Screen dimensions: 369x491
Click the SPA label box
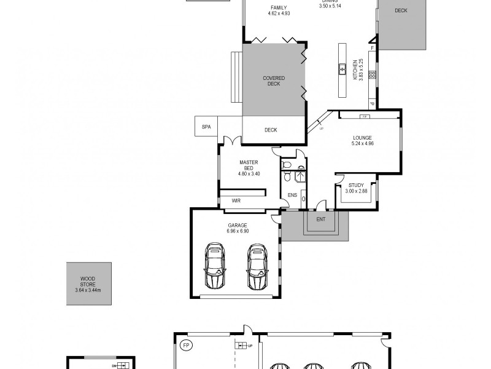coord(206,128)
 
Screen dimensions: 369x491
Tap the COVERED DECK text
coord(273,81)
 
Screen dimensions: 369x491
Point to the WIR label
coord(236,200)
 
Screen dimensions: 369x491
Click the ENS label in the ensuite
coord(292,196)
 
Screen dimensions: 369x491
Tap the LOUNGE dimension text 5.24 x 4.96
coord(362,143)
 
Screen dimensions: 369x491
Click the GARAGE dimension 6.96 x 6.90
coord(238,231)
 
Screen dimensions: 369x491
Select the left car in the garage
coord(215,266)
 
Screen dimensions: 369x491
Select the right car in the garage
coord(258,266)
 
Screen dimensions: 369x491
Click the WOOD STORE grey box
coord(89,283)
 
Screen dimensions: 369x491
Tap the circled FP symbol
coord(186,346)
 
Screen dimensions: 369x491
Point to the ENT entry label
coord(320,218)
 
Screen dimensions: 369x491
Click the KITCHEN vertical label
coord(355,69)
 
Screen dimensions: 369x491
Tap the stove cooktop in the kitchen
coord(372,75)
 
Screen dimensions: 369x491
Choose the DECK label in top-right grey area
coord(401,10)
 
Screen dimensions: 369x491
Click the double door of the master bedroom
coord(232,141)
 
